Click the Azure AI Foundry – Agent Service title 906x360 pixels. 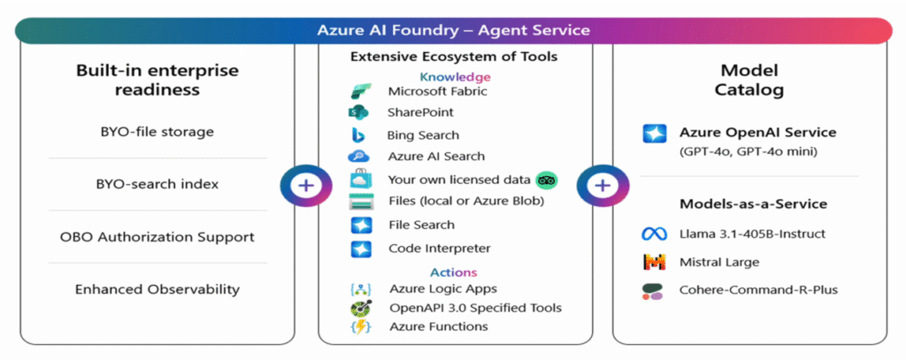(453, 30)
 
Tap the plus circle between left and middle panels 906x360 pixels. (305, 186)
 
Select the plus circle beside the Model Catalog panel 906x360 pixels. (602, 186)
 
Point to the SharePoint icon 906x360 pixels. (358, 113)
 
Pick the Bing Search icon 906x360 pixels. (359, 135)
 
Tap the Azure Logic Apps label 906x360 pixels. (442, 289)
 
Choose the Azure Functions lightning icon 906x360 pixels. (359, 326)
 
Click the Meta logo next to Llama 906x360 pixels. (653, 234)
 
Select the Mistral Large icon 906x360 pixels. (653, 263)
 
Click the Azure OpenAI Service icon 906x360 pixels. (653, 134)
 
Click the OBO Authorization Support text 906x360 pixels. (157, 237)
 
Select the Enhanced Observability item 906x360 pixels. (157, 289)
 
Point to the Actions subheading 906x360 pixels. (453, 272)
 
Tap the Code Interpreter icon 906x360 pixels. (359, 249)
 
